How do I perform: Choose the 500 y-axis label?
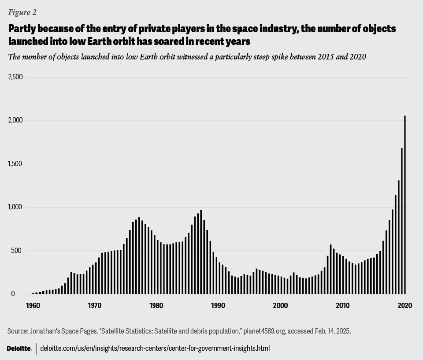[18, 251]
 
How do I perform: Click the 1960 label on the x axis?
[33, 305]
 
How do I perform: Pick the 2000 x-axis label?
[281, 305]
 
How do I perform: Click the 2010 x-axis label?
[343, 305]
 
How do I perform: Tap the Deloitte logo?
[19, 349]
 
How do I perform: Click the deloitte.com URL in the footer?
[155, 348]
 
